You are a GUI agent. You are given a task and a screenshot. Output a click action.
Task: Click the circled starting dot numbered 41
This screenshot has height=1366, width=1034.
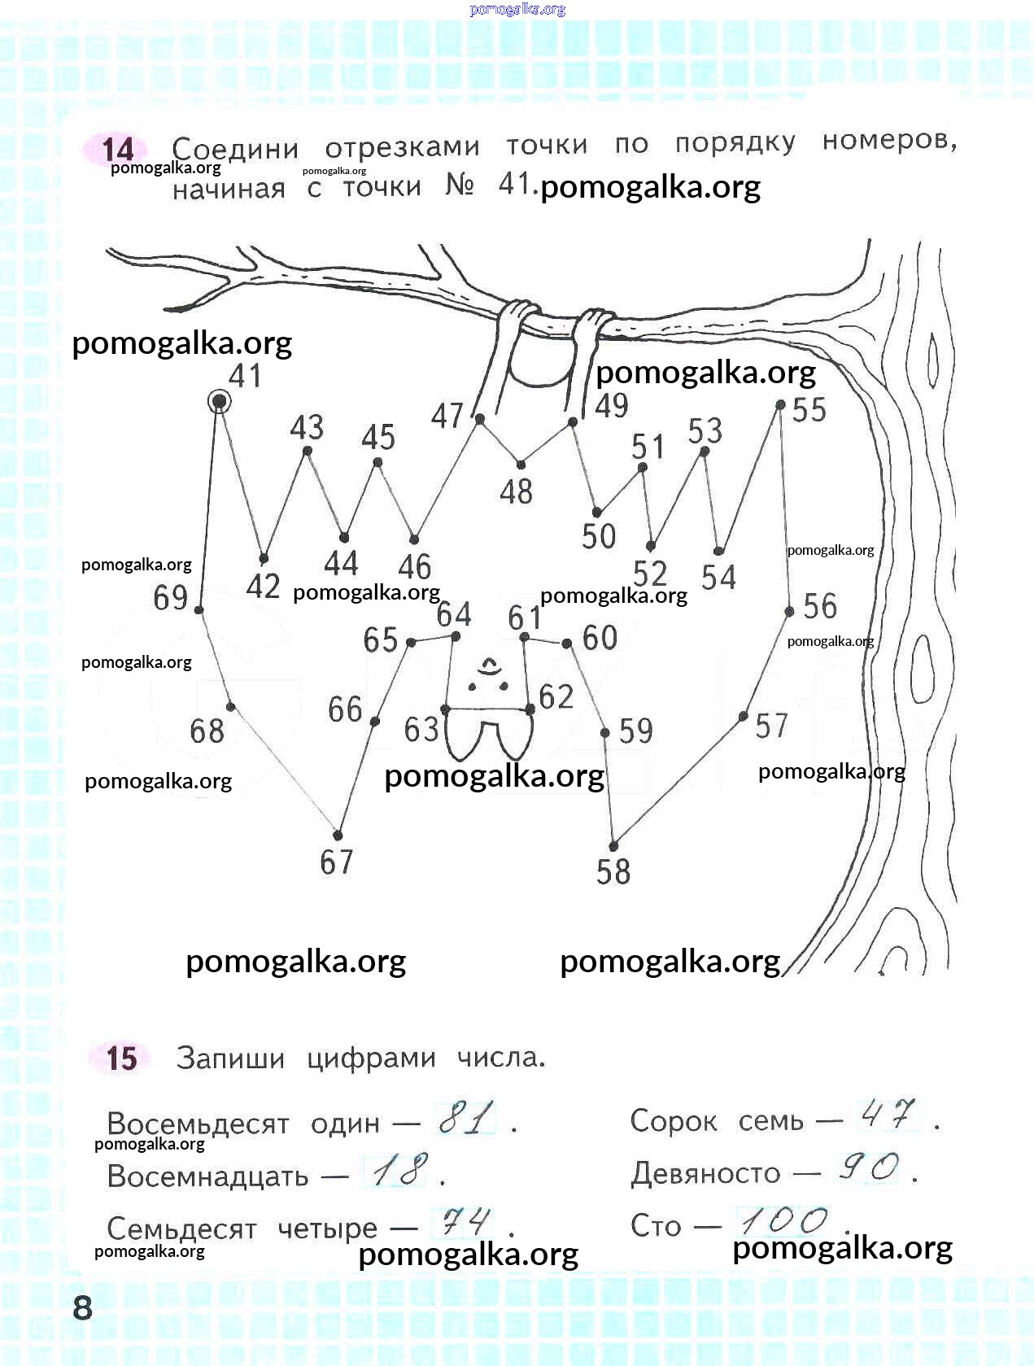(x=219, y=401)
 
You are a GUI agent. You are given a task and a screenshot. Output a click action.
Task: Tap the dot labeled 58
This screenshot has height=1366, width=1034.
(x=613, y=846)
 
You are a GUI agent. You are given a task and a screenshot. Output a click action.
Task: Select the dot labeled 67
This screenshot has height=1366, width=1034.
(x=338, y=836)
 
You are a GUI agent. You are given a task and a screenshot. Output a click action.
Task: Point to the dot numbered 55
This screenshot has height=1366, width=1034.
(x=781, y=404)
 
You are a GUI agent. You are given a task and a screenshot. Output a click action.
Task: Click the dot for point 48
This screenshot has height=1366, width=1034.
(x=521, y=465)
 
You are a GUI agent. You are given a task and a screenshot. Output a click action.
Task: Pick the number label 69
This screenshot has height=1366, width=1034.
(x=171, y=597)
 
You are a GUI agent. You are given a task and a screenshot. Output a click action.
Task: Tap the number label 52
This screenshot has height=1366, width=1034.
(x=650, y=573)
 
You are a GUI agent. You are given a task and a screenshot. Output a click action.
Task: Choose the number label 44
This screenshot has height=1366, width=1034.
(x=341, y=563)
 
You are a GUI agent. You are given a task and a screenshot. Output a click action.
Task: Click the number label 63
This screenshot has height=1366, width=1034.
(x=421, y=729)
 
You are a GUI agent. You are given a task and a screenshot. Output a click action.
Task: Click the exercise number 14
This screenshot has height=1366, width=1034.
(x=118, y=150)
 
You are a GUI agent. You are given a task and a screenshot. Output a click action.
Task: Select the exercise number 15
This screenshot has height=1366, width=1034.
(x=121, y=1058)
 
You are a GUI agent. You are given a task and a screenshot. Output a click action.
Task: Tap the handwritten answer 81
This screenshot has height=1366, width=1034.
(x=466, y=1118)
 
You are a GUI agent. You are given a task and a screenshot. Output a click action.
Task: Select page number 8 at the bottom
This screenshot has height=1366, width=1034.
(x=82, y=1307)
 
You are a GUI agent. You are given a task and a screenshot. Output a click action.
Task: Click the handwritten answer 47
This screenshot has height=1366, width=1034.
(x=888, y=1114)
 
